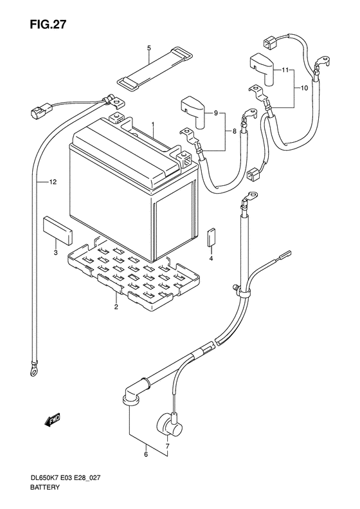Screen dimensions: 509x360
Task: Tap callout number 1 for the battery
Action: pos(153,124)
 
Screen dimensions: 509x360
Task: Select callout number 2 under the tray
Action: pos(116,308)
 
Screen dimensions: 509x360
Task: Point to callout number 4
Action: pos(211,258)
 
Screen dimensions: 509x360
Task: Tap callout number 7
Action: pos(167,447)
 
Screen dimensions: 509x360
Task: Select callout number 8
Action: pos(234,131)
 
